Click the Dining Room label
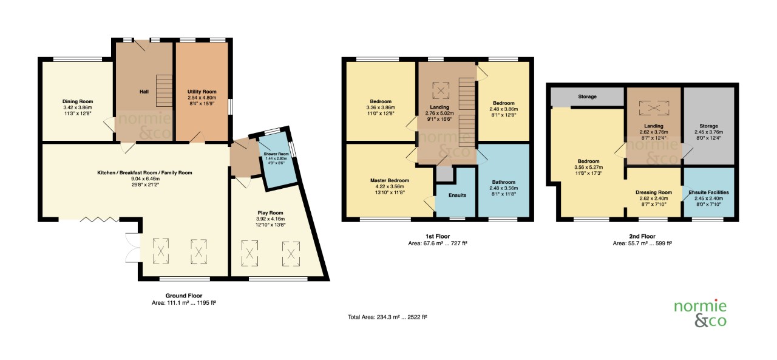78,101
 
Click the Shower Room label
274,154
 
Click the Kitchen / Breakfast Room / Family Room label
144,173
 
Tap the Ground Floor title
183,296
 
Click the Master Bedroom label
390,180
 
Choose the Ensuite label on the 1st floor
457,195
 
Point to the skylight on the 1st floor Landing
438,90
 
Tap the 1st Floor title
437,236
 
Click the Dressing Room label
654,192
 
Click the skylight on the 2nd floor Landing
653,108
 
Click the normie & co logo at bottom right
700,313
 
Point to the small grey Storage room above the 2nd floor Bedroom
587,97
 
